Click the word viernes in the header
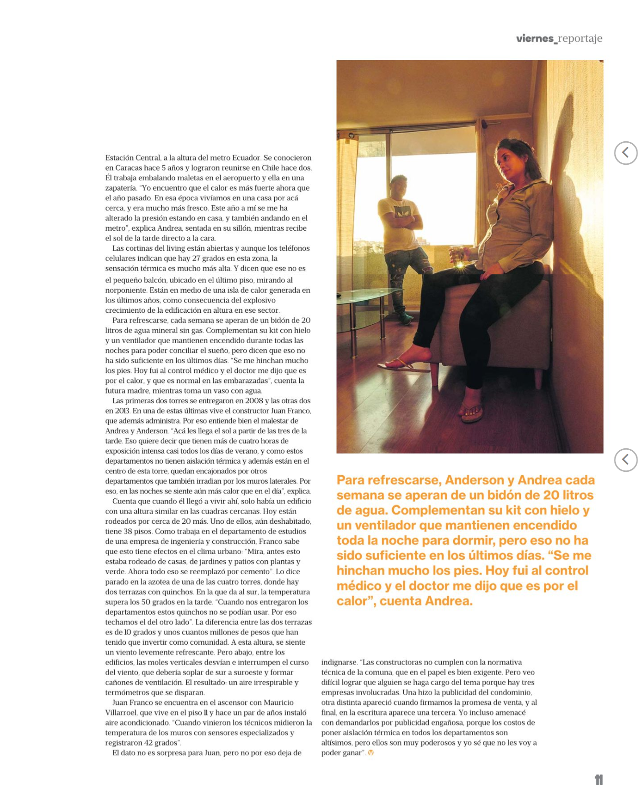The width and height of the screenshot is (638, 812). coord(534,38)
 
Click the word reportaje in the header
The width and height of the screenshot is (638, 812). coord(580,38)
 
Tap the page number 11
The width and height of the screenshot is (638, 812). coord(599,780)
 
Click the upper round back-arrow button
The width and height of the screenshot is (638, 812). coord(626,153)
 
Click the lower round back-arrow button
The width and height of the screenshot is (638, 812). coord(626,460)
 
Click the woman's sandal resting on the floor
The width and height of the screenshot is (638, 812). coord(472,412)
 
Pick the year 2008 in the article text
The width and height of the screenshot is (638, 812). coord(254,401)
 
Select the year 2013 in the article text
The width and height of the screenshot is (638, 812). coord(122,411)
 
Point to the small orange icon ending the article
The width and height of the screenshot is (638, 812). coord(371,753)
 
